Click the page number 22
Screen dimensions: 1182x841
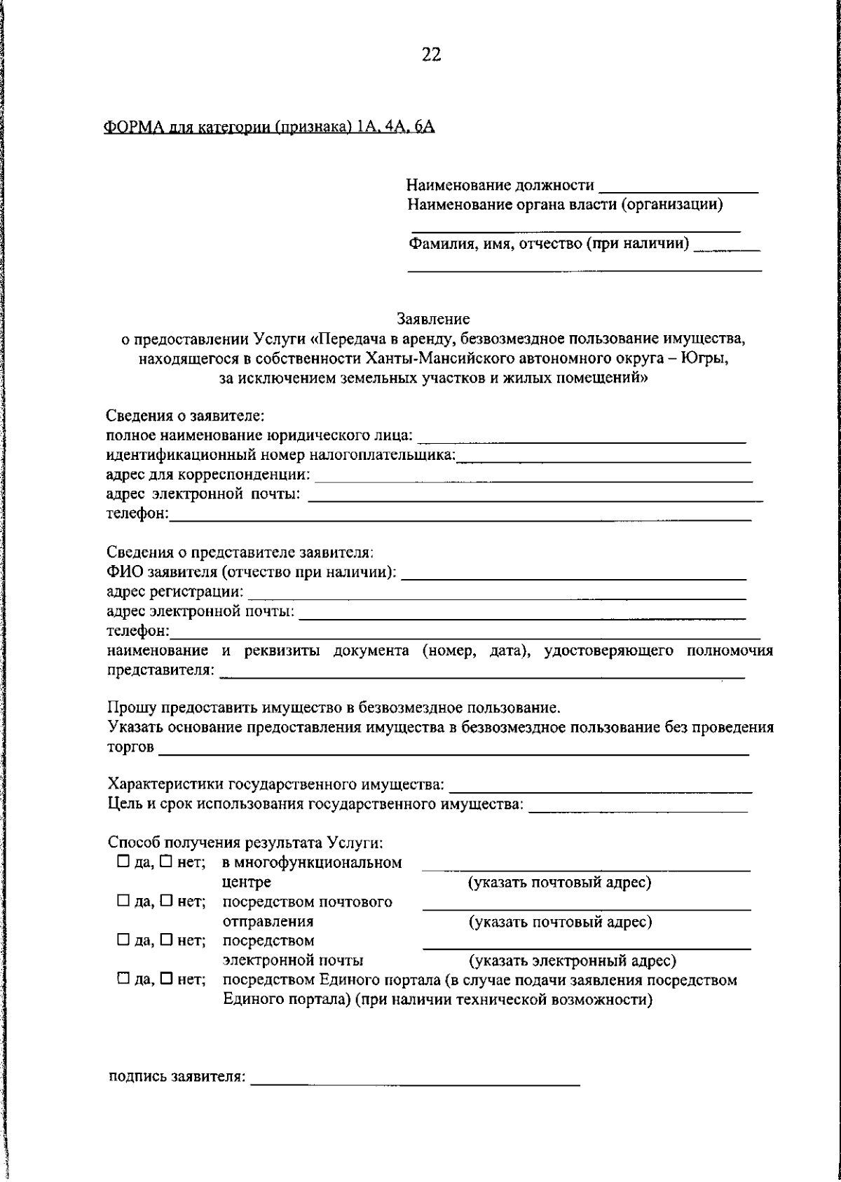(x=432, y=55)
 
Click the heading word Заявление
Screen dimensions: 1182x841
(x=433, y=319)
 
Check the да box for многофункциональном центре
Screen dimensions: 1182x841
(x=123, y=862)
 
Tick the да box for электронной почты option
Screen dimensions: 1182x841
(x=123, y=940)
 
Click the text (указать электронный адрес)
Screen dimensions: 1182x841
(x=572, y=960)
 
